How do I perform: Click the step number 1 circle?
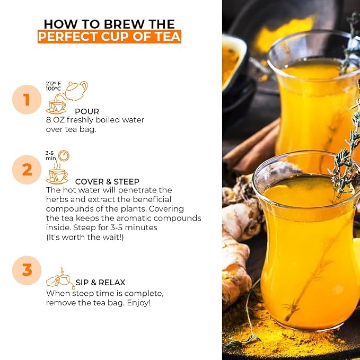[x=27, y=100]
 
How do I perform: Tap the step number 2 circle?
[x=27, y=170]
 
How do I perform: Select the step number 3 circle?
[x=27, y=270]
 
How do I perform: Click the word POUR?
[x=87, y=111]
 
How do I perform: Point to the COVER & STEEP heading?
[x=107, y=182]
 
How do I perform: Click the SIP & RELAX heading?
[x=100, y=283]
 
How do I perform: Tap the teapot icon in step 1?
[x=75, y=91]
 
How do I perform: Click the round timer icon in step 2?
[x=64, y=156]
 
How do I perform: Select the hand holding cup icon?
[x=60, y=278]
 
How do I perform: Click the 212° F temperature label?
[x=53, y=84]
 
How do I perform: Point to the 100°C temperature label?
[x=53, y=89]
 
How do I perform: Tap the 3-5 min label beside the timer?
[x=51, y=155]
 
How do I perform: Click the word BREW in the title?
[x=125, y=24]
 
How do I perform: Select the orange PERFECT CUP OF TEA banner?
[x=110, y=37]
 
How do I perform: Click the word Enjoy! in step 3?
[x=139, y=303]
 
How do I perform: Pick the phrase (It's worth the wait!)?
[x=85, y=237]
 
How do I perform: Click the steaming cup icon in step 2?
[x=57, y=173]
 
